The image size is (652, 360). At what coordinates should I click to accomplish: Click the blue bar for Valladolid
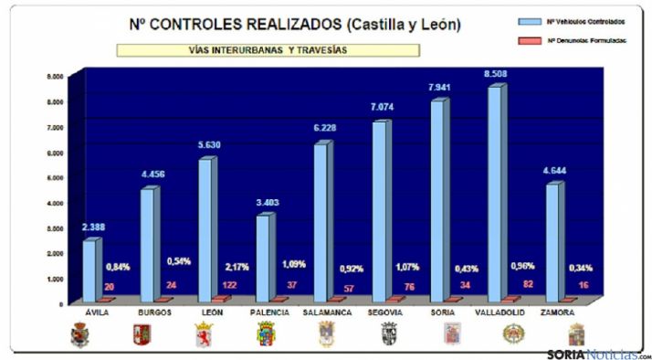(494, 192)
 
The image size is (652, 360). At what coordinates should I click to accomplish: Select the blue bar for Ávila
(89, 270)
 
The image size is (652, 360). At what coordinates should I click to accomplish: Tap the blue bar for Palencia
(263, 257)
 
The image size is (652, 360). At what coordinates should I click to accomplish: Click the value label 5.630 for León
(205, 146)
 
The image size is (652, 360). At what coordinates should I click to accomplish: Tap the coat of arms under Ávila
(80, 334)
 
